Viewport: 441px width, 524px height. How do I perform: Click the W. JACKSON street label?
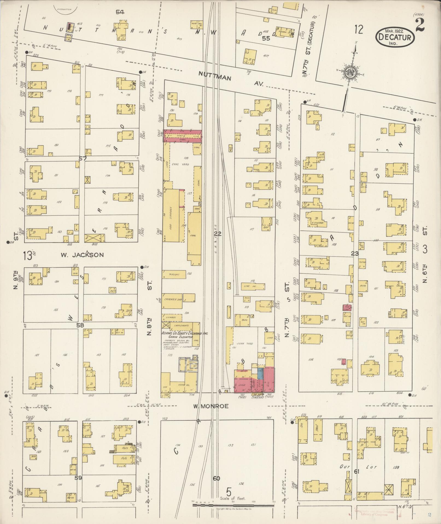click(82, 255)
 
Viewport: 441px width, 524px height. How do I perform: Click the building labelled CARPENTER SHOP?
click(173, 300)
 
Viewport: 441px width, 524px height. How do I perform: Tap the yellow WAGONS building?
click(174, 274)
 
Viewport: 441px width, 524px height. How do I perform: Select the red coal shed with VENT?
click(182, 136)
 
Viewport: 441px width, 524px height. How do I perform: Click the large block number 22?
click(218, 234)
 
